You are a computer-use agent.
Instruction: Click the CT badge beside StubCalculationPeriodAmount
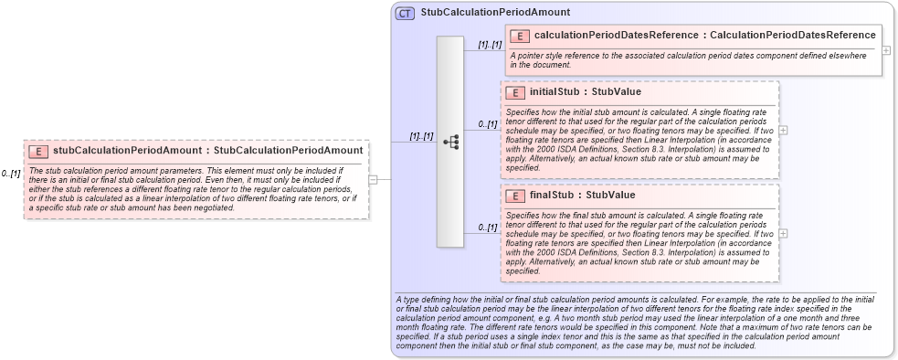coord(405,13)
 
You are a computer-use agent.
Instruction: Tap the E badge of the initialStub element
coord(515,92)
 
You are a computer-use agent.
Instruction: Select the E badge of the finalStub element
coord(515,196)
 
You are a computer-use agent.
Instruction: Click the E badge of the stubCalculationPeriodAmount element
coord(38,151)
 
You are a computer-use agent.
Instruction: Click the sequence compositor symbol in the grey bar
coord(450,142)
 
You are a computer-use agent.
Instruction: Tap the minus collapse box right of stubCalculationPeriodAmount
coord(373,179)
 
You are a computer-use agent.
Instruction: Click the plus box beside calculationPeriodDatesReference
coord(886,49)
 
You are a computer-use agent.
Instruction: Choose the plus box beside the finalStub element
coord(783,233)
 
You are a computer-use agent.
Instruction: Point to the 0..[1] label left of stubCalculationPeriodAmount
coord(11,173)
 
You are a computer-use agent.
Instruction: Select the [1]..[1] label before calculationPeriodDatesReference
coord(490,44)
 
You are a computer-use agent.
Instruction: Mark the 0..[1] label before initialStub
coord(488,123)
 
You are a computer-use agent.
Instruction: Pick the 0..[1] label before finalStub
coord(488,227)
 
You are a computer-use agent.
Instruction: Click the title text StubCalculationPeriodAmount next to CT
coord(495,13)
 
